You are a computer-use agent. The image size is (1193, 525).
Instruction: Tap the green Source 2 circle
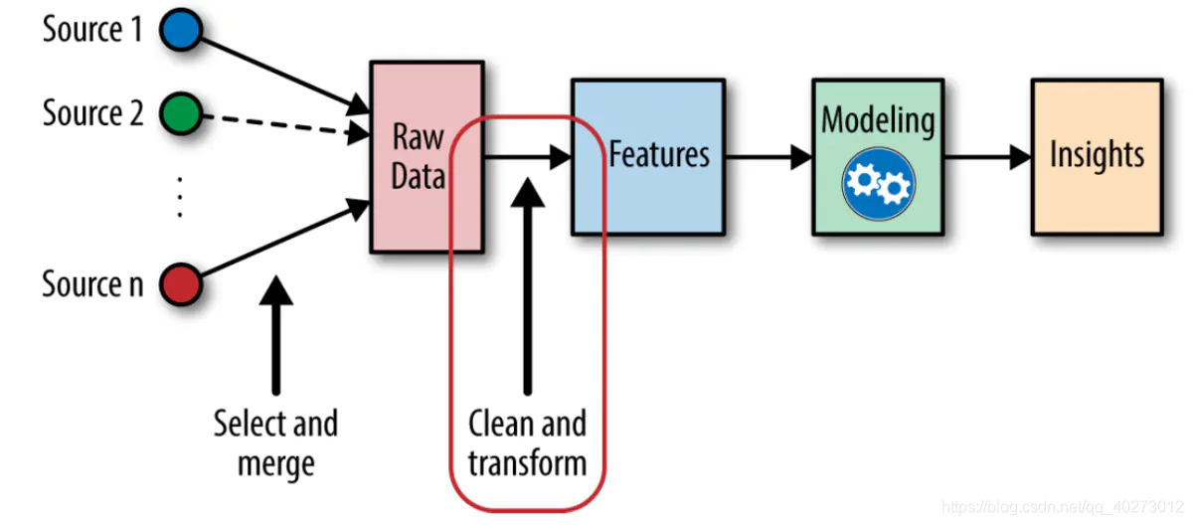(180, 114)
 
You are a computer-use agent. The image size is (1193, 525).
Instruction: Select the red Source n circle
(180, 285)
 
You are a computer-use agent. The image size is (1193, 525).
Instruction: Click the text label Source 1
(91, 30)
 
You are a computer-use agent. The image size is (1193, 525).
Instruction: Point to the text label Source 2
(92, 113)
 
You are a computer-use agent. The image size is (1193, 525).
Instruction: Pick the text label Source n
(92, 284)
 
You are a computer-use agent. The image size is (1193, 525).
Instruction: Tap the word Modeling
(878, 121)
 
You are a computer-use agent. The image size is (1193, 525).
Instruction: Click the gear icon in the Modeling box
(878, 183)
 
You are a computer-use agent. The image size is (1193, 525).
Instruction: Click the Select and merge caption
(276, 442)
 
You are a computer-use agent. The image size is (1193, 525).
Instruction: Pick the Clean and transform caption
(527, 442)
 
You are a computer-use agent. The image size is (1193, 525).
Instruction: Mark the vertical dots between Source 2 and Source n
(180, 196)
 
